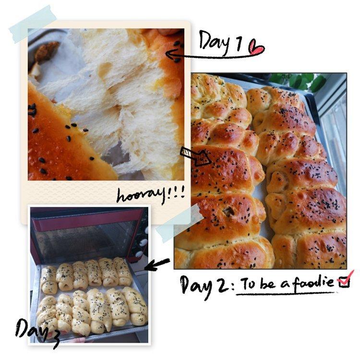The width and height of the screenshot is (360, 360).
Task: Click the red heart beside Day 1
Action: pyautogui.click(x=257, y=48)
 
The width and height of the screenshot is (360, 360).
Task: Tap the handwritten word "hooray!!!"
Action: pyautogui.click(x=151, y=196)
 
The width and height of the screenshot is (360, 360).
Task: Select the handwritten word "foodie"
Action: pyautogui.click(x=313, y=282)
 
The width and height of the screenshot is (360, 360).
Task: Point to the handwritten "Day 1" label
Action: pyautogui.click(x=220, y=42)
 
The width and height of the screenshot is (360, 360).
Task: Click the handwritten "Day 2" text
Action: pyautogui.click(x=205, y=285)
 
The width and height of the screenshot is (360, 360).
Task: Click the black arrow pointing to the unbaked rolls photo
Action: pyautogui.click(x=157, y=264)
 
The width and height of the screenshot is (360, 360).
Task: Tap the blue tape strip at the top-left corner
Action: pyautogui.click(x=33, y=24)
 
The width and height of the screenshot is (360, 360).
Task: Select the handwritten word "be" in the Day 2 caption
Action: pyautogui.click(x=267, y=283)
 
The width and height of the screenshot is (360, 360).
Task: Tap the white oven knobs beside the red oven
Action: pyautogui.click(x=142, y=241)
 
